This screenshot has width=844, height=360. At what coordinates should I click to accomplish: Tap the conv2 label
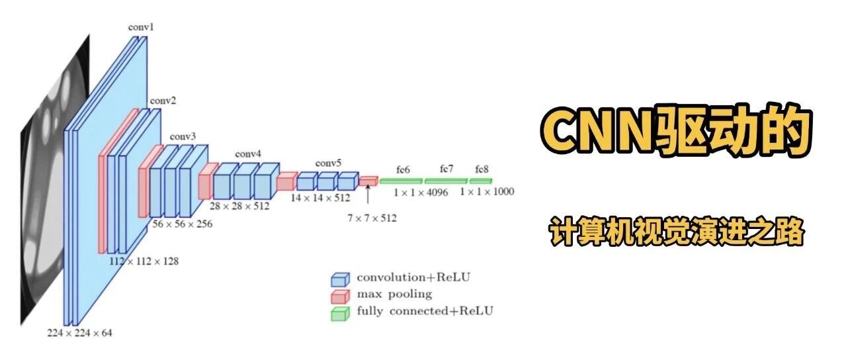163,101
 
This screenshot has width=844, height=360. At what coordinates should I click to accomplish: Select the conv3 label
183,136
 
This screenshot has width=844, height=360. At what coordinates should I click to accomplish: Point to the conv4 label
248,154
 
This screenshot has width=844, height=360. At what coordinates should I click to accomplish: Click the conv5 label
328,163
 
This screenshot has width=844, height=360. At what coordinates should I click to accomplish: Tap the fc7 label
447,169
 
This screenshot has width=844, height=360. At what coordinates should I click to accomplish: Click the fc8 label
481,169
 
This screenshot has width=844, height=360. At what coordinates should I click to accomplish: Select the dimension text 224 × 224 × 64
79,333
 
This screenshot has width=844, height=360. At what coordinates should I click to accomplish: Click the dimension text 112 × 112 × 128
144,261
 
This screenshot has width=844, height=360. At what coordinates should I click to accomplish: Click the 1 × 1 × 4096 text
421,192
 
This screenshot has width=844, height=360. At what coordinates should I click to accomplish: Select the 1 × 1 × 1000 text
487,192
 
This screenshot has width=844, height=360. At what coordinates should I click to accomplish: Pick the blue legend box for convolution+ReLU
340,279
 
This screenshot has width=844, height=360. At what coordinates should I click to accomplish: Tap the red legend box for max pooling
340,295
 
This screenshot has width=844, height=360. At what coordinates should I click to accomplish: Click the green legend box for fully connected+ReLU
340,313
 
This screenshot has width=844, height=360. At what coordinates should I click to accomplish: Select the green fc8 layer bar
481,181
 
